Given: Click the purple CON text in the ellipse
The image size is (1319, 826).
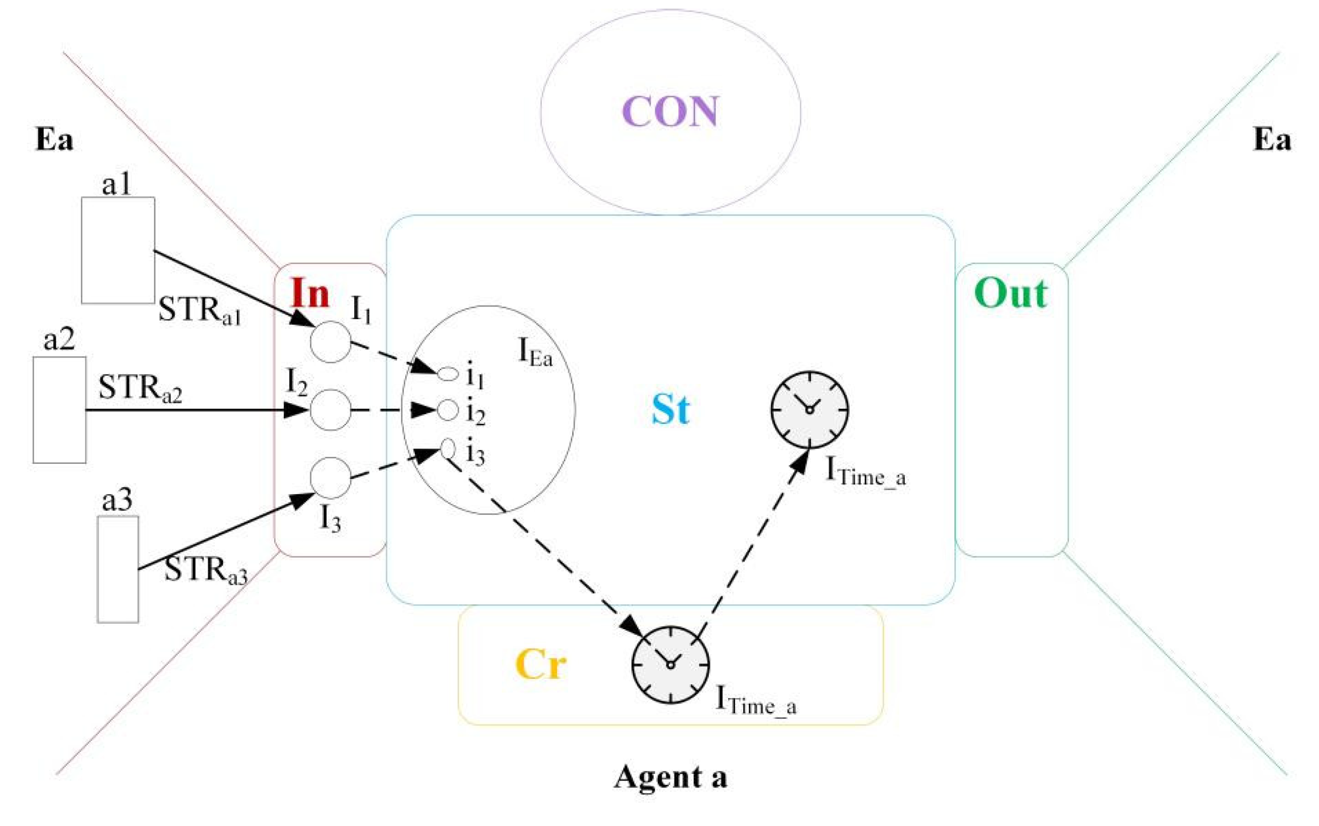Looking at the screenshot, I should click(x=670, y=111).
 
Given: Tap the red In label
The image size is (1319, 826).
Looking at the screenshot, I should click(x=310, y=293).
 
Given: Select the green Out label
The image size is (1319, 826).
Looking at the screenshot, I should click(x=1011, y=293).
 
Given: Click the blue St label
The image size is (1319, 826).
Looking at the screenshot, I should click(x=670, y=409).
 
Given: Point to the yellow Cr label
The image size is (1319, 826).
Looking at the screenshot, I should click(x=540, y=664).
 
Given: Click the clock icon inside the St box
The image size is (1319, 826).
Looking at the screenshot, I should click(x=809, y=410).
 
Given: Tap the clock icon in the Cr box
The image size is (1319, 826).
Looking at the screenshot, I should click(x=670, y=664).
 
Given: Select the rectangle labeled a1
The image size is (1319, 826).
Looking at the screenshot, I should click(x=118, y=250).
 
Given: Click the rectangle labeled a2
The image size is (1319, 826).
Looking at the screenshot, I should click(x=59, y=410).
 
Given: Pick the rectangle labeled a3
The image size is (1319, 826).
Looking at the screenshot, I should click(x=118, y=569).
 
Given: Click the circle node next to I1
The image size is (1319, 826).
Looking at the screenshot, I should click(x=330, y=342).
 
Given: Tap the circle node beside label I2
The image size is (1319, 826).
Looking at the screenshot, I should click(x=330, y=410).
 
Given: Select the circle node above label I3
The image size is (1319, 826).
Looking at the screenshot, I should click(x=330, y=478).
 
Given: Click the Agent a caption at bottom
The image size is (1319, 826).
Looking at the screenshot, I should click(x=670, y=777).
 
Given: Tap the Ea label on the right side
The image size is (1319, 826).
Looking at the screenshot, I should click(x=1271, y=139).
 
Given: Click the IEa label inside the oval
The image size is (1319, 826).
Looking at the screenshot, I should click(x=534, y=353).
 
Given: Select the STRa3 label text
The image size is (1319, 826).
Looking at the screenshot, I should click(x=205, y=571).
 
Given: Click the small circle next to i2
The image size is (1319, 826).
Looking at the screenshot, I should click(x=447, y=410).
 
